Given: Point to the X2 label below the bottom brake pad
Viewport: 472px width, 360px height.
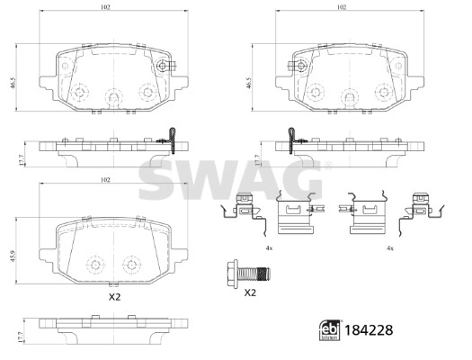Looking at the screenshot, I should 113,297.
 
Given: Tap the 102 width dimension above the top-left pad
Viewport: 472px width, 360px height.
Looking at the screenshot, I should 106,7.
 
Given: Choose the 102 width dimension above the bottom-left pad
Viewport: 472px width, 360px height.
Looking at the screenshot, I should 106,181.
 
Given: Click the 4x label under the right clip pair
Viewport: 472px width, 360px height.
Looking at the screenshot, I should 389,247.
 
